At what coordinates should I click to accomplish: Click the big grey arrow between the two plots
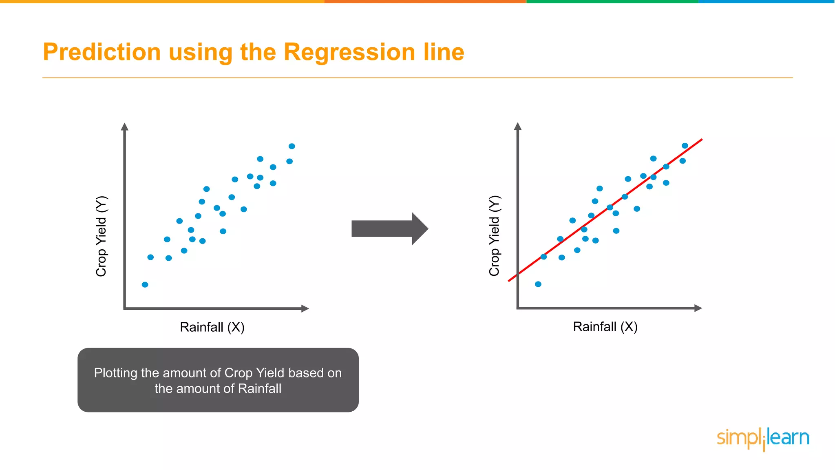[389, 228]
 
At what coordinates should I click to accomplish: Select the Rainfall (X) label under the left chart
[212, 327]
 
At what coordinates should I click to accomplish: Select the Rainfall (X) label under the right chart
[605, 327]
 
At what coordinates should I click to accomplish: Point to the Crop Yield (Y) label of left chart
[101, 236]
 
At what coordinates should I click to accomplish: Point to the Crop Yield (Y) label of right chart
[494, 236]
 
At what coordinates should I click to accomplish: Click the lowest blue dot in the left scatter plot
[145, 284]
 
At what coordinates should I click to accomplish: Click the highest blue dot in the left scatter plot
[292, 146]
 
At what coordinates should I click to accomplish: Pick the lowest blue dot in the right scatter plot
[538, 284]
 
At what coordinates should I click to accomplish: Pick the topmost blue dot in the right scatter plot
[685, 146]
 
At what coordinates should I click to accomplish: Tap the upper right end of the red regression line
[701, 140]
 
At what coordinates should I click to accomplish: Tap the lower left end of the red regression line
[509, 281]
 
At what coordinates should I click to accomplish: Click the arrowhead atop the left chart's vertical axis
[125, 126]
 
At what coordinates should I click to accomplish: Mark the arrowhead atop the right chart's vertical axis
[518, 126]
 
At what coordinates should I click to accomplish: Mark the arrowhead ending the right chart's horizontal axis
[698, 308]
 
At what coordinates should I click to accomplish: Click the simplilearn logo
[763, 439]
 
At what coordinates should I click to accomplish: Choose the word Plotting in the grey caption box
[115, 373]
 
